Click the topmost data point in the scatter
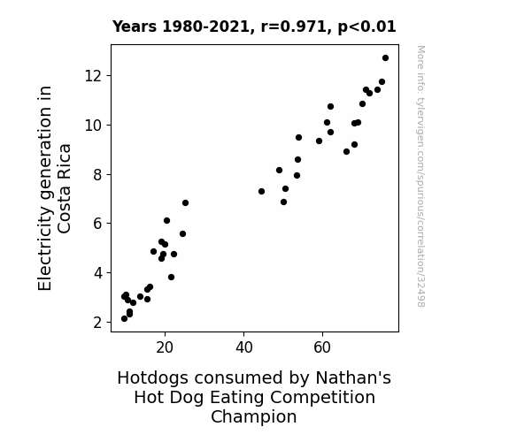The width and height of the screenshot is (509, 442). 385,58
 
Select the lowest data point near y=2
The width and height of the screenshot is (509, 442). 124,319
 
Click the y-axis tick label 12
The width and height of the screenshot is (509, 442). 94,76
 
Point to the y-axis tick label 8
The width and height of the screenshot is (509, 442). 97,175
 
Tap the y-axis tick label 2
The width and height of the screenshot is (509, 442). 97,323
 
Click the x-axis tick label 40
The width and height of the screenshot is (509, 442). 243,347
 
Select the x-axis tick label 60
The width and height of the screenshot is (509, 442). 322,347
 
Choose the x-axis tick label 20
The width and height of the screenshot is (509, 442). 165,347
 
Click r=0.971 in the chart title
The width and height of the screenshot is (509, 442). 294,27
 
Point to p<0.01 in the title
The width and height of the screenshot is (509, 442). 366,27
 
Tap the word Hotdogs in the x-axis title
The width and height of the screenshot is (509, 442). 152,378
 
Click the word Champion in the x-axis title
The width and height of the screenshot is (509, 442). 254,417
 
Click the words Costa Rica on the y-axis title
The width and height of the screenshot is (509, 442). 64,188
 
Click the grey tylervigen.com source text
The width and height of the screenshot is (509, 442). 420,176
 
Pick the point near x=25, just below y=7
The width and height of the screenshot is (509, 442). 185,203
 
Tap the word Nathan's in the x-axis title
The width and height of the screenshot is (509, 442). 353,377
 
